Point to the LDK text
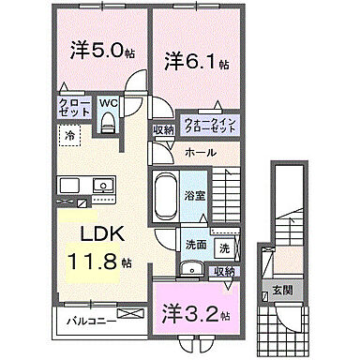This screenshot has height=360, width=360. coord(97,232)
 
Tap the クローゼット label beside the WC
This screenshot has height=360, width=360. coord(73,106)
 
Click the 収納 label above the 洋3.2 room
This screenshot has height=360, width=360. coord(223,271)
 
